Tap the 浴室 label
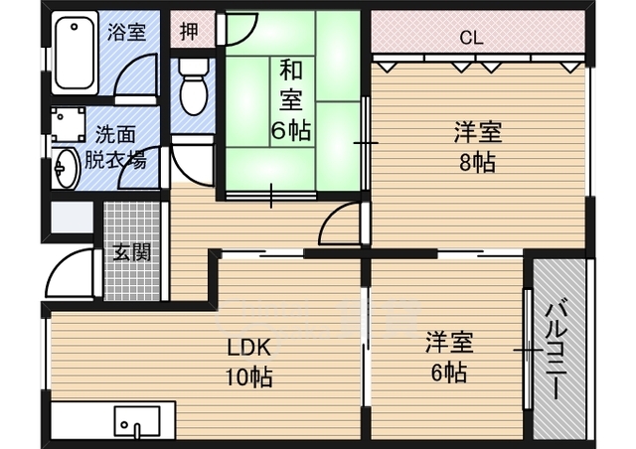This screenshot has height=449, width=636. point(126,31)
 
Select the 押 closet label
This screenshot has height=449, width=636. point(188,30)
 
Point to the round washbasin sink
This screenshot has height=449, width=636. point(65,168)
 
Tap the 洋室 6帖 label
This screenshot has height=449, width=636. point(449,357)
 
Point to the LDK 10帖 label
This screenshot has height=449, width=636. point(247,364)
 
